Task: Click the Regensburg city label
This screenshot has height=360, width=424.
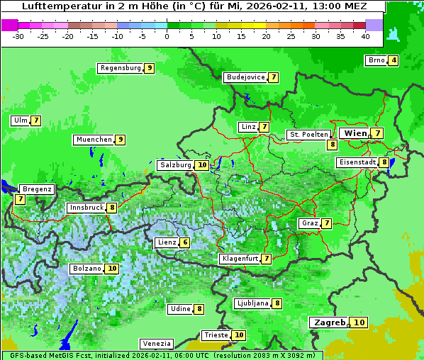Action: pos(121,68)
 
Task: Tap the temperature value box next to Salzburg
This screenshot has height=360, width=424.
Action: pos(202,165)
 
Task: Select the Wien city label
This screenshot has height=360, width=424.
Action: pos(355,133)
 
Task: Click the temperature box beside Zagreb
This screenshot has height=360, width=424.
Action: pos(359,322)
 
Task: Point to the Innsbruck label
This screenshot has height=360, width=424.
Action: pos(86,208)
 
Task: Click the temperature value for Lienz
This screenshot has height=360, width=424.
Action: pos(185,242)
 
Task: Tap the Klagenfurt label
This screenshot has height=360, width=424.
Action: pos(240,259)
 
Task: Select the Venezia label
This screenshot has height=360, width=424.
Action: pos(156,343)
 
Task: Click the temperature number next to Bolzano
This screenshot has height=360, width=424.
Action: pos(112,269)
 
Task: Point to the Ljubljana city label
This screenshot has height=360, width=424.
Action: pos(252,303)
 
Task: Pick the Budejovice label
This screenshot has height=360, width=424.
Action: pos(245,77)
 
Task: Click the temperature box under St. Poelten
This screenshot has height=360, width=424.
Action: pos(332,145)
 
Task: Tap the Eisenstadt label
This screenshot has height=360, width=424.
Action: pos(357,162)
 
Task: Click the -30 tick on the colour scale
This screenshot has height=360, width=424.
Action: pos(18,36)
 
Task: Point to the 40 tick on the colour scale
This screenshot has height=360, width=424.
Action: pos(365,36)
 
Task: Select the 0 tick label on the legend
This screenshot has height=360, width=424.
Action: pos(167,36)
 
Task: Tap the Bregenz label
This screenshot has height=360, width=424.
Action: pos(38,189)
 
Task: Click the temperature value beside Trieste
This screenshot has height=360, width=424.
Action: pos(240,335)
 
